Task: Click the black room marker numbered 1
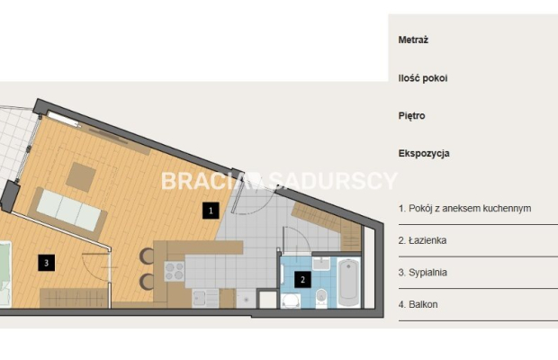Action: (211, 211)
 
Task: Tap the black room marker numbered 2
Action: (302, 280)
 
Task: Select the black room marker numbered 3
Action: (46, 263)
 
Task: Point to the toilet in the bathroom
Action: (321, 298)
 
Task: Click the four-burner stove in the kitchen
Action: (175, 272)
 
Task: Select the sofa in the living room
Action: (67, 212)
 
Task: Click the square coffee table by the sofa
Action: (81, 176)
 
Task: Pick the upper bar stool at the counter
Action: (147, 256)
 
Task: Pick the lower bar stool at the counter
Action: (147, 282)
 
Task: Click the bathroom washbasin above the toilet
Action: (321, 263)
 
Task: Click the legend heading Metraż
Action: (413, 40)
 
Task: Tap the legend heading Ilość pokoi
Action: (423, 78)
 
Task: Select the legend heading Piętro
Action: (411, 116)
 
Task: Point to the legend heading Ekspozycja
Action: (424, 154)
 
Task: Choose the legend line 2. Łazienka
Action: (422, 240)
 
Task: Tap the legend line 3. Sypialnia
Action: (423, 273)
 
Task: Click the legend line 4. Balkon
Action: (418, 304)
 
